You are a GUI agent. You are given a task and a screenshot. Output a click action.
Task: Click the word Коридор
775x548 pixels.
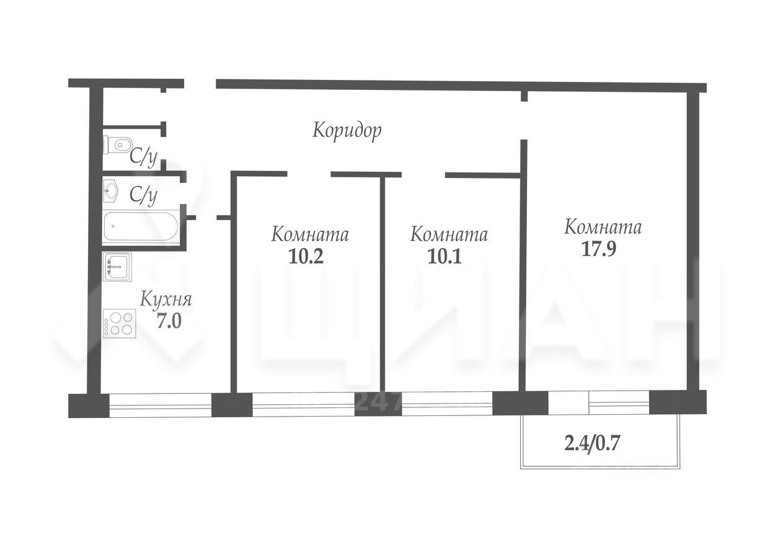[x=347, y=131]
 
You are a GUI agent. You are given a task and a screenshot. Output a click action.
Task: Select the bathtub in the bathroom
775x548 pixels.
[x=141, y=226]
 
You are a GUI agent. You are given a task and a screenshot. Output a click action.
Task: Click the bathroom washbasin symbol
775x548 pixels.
[x=112, y=190]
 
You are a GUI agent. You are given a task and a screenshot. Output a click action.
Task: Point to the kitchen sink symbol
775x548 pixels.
[x=117, y=266]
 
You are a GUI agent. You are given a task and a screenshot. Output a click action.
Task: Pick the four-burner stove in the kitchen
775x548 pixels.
[x=118, y=323]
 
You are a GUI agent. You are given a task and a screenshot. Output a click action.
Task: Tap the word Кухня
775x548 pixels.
[x=166, y=301]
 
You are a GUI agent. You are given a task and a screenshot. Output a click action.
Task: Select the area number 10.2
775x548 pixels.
[x=306, y=257]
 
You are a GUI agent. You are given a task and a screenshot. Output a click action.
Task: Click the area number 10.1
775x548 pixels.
[x=445, y=257]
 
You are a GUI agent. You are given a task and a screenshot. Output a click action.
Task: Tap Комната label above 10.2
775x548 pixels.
[x=310, y=236]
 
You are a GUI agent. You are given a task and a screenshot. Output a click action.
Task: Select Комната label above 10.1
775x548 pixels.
[x=449, y=236]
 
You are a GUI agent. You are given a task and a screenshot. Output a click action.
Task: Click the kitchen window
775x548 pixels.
[x=160, y=405]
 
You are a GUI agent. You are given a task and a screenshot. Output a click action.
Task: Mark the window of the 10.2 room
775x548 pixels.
[x=303, y=405]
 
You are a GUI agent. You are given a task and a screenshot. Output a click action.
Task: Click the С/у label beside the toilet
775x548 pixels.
[x=143, y=157]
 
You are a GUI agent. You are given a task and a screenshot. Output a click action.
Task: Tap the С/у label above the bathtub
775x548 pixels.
[x=143, y=196]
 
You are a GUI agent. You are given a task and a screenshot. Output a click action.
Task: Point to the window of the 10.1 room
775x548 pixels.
[x=447, y=405]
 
